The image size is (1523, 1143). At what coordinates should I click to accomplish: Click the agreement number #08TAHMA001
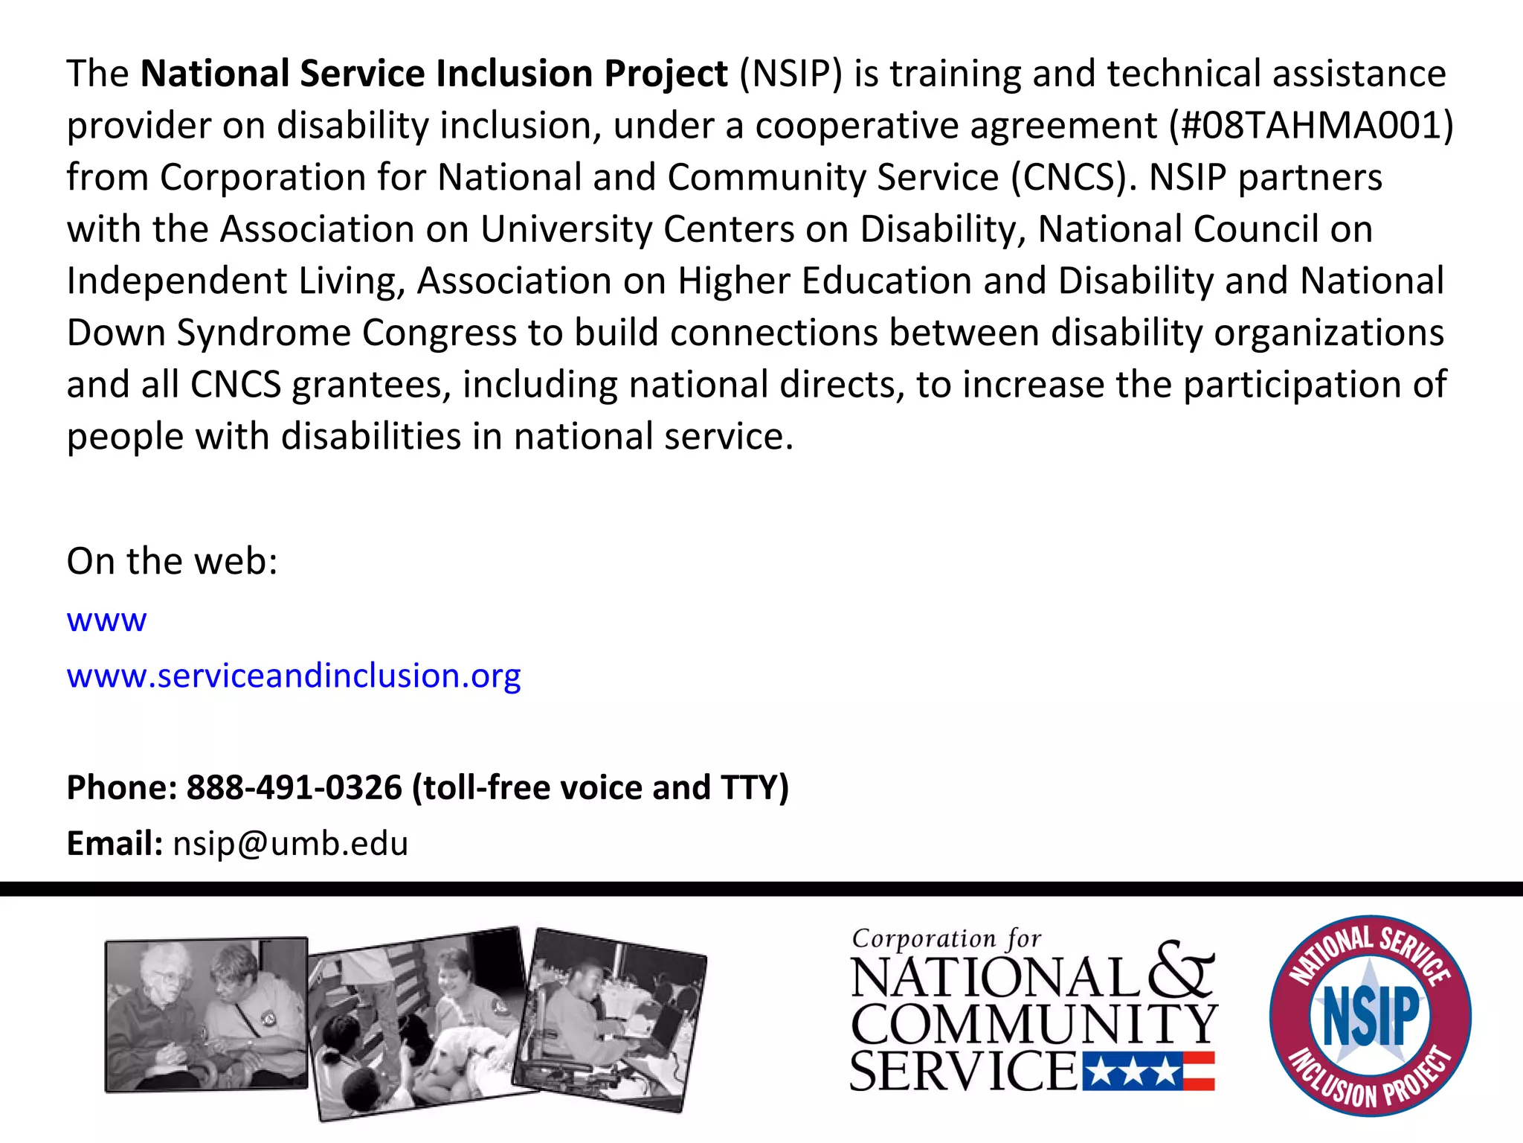(x=1311, y=126)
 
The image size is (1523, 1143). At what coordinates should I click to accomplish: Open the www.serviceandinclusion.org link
(x=294, y=676)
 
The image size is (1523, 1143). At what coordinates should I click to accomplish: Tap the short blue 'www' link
(x=106, y=620)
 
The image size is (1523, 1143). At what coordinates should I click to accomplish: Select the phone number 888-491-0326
(x=294, y=787)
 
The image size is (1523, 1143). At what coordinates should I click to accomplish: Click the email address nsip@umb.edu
(x=291, y=844)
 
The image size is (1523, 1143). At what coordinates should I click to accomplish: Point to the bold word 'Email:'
(x=115, y=844)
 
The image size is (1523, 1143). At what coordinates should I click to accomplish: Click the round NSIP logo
(x=1370, y=1015)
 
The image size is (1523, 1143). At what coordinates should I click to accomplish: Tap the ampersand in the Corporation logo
(x=1182, y=970)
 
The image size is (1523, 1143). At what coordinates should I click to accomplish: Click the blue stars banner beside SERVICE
(x=1130, y=1072)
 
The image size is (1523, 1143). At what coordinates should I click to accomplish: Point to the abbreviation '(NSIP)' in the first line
(x=791, y=74)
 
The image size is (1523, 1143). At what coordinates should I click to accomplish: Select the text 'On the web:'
(x=172, y=561)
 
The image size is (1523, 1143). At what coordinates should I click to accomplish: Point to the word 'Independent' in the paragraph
(x=177, y=281)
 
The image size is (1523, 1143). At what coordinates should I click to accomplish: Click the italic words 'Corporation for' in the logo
(x=946, y=938)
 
